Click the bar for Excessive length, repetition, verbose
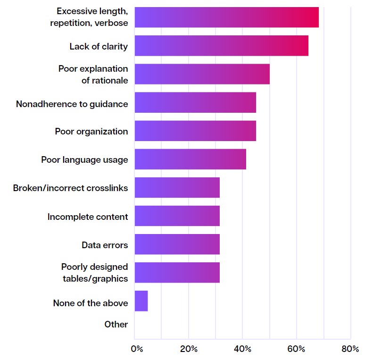pyautogui.click(x=226, y=17)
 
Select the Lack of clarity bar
pyautogui.click(x=221, y=46)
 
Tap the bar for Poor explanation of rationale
pyautogui.click(x=202, y=74)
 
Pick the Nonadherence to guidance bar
pyautogui.click(x=195, y=102)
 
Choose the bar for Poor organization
pyautogui.click(x=195, y=131)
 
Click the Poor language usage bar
pyautogui.click(x=190, y=159)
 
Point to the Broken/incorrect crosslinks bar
pyautogui.click(x=177, y=187)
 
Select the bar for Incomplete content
pyautogui.click(x=177, y=216)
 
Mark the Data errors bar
pyautogui.click(x=177, y=244)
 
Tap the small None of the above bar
pyautogui.click(x=141, y=301)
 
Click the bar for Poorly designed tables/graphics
pyautogui.click(x=177, y=272)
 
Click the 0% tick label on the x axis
pyautogui.click(x=137, y=349)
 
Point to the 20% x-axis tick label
pyautogui.click(x=189, y=349)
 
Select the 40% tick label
pyautogui.click(x=242, y=349)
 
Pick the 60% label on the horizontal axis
pyautogui.click(x=297, y=349)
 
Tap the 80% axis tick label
pyautogui.click(x=350, y=349)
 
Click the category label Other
pyautogui.click(x=116, y=324)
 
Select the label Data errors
pyautogui.click(x=105, y=245)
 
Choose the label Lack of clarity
pyautogui.click(x=99, y=46)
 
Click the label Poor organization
pyautogui.click(x=91, y=131)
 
